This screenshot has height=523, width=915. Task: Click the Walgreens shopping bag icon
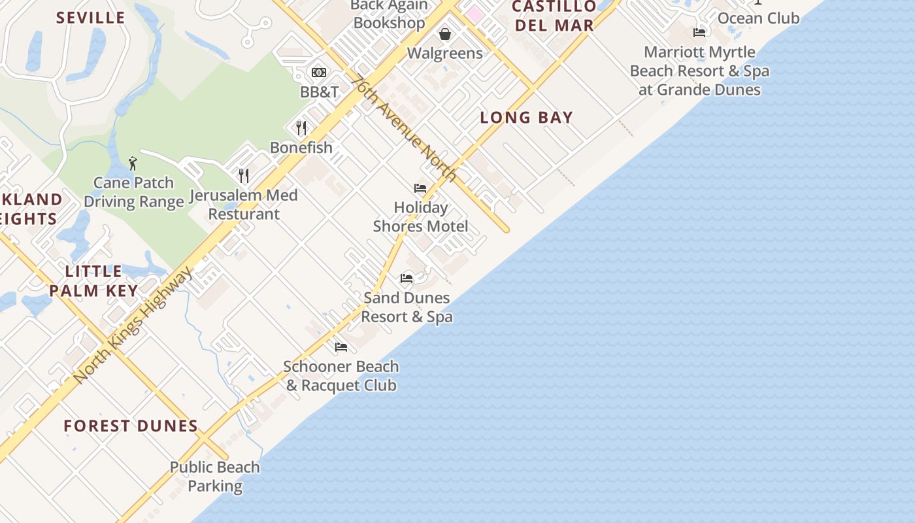[x=445, y=34]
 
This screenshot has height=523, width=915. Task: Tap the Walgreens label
[x=445, y=53]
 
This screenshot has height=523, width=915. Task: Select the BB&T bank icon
[x=319, y=73]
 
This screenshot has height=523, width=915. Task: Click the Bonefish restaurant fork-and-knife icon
[x=301, y=127]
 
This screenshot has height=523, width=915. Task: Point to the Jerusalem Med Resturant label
[x=244, y=204]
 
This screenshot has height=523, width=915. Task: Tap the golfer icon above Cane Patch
[x=133, y=163]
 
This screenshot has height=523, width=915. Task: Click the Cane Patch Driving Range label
[x=134, y=192]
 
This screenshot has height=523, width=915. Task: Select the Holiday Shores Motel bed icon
[x=420, y=188]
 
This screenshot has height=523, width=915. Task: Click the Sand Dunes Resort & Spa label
[x=407, y=307]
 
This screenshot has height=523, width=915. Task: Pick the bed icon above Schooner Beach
[x=341, y=347]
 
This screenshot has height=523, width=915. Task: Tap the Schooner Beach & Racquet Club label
[x=341, y=376]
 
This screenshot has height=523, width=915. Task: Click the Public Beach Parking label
[x=215, y=477]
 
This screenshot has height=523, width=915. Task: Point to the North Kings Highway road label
[x=133, y=324]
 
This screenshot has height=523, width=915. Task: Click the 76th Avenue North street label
[x=403, y=128]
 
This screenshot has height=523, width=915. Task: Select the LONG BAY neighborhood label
[x=526, y=118]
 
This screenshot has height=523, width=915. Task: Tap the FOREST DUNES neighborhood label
[x=131, y=426]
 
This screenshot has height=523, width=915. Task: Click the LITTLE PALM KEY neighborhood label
[x=93, y=281]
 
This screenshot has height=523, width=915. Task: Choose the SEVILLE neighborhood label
[x=90, y=18]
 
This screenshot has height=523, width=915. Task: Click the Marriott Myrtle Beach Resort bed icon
[x=699, y=32]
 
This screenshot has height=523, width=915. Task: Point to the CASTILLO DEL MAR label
[x=554, y=16]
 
